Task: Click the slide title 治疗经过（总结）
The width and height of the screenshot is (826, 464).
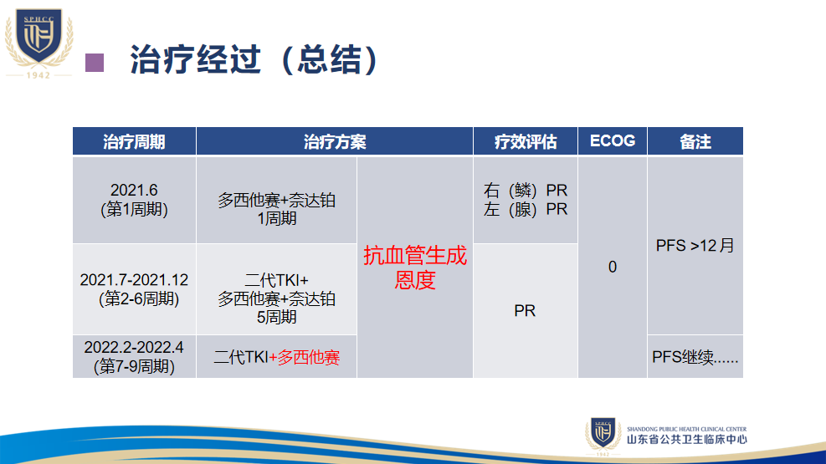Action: coord(254,59)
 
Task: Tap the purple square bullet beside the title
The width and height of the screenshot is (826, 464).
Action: coord(95,63)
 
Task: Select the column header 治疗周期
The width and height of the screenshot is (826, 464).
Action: coord(134,141)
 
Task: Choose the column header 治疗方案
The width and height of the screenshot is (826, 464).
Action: coord(335,141)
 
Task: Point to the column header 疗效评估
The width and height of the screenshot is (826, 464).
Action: coord(526,141)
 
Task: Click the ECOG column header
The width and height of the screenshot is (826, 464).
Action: coord(612,141)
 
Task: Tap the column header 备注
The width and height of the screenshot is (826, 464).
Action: coord(695,141)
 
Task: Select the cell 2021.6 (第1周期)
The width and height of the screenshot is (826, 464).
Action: coord(135,200)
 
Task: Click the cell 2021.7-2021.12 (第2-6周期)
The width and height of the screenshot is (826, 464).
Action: coord(134,289)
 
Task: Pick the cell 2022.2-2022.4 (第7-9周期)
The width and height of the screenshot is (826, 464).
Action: coord(134,357)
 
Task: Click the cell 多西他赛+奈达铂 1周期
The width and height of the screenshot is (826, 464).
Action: coord(276,209)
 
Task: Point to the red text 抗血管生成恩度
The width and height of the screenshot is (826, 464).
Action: coord(415,268)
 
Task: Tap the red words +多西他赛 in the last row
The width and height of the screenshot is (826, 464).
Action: coord(305,358)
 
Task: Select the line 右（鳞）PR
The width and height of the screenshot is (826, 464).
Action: coord(526,190)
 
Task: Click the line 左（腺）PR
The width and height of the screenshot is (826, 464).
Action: coord(526,209)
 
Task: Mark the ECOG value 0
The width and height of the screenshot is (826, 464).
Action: coord(612,268)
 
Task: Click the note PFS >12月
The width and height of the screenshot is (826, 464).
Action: coord(695,246)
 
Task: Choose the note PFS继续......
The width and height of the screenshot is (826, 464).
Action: coord(695,357)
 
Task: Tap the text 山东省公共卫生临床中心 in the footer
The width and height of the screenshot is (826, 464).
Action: coord(686,439)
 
